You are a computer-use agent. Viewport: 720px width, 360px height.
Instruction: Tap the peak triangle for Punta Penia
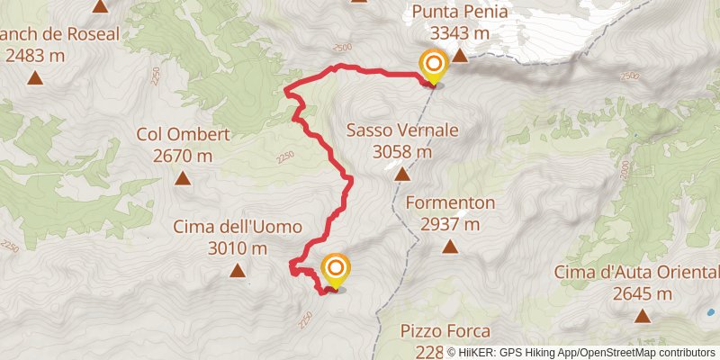(460, 56)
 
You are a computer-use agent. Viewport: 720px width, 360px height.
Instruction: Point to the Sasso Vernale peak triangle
(400, 174)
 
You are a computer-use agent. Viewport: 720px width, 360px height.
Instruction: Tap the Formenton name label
(451, 202)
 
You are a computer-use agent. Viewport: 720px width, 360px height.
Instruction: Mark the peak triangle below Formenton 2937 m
(450, 246)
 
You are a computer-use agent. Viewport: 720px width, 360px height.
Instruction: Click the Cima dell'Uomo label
(238, 227)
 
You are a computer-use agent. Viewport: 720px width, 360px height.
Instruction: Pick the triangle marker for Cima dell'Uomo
(238, 270)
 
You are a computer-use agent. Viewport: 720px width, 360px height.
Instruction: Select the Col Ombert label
(184, 135)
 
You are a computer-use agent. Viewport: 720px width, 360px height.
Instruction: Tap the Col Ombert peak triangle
(183, 177)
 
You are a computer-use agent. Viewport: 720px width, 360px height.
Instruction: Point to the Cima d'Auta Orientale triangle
(642, 316)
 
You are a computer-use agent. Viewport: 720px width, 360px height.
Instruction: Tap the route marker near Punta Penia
(434, 64)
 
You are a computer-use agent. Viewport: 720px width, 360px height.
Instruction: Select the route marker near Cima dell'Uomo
(335, 268)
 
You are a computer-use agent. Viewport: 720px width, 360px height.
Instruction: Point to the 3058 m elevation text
(402, 152)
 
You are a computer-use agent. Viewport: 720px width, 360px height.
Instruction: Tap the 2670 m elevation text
(184, 156)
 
